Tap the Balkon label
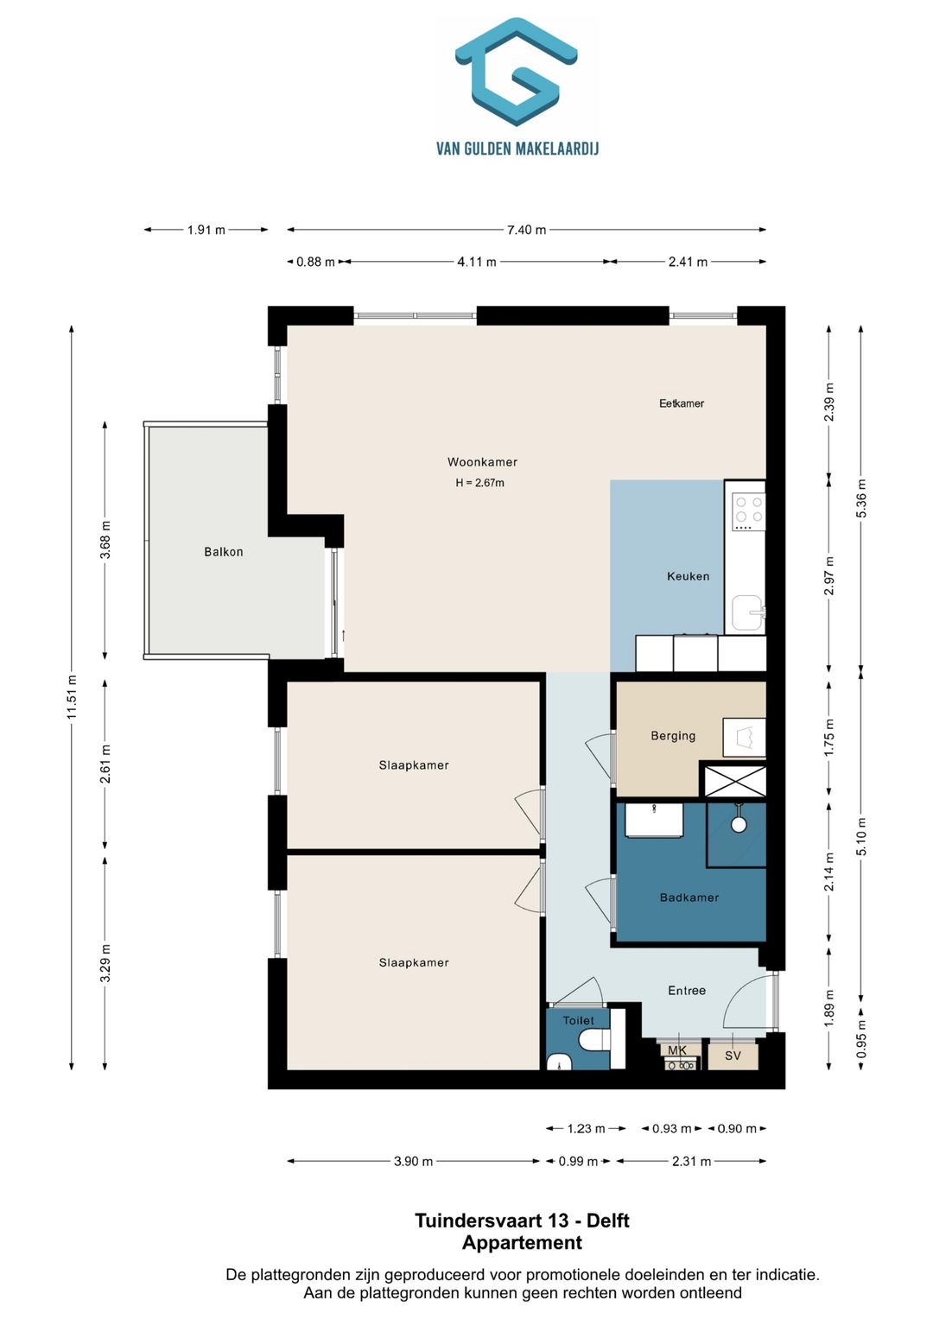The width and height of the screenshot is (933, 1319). pyautogui.click(x=223, y=552)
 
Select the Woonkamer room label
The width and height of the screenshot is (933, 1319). pyautogui.click(x=482, y=461)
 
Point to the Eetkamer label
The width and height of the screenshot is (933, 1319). pyautogui.click(x=681, y=403)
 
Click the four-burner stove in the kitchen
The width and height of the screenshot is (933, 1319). pyautogui.click(x=749, y=511)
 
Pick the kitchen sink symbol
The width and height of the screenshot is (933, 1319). pyautogui.click(x=748, y=613)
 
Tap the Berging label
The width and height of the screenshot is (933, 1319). pyautogui.click(x=673, y=735)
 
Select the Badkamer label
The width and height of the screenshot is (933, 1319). pyautogui.click(x=689, y=897)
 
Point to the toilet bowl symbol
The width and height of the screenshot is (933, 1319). pyautogui.click(x=594, y=1042)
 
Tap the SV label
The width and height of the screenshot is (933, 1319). pyautogui.click(x=733, y=1056)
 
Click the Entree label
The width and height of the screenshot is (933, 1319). pyautogui.click(x=687, y=991)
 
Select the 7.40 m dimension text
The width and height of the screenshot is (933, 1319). pyautogui.click(x=527, y=230)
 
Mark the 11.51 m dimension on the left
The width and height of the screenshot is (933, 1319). pyautogui.click(x=72, y=696)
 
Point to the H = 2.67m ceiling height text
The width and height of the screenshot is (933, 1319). pyautogui.click(x=479, y=483)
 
